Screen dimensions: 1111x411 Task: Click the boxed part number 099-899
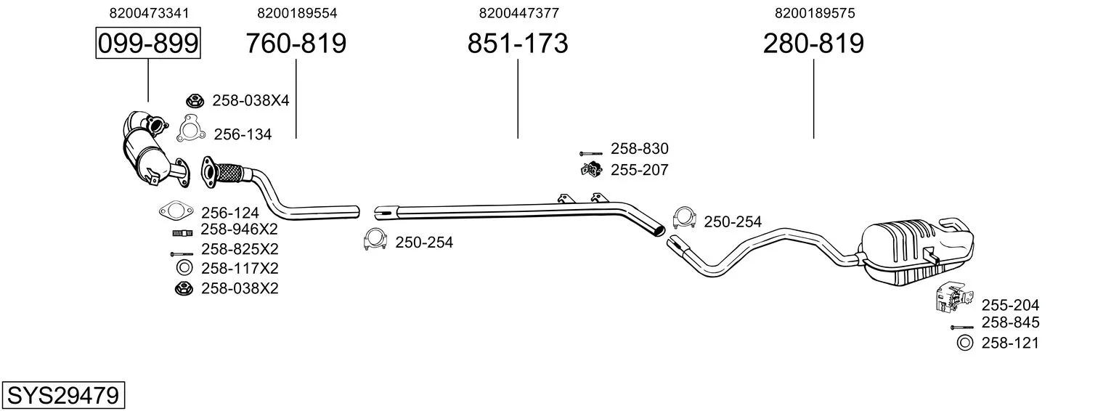click(148, 43)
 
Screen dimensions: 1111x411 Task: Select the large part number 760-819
click(296, 44)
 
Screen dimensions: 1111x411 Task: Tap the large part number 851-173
click(517, 44)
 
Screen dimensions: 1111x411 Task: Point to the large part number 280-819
click(813, 44)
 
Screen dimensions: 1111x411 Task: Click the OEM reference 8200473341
click(149, 13)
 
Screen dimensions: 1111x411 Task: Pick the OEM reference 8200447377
click(518, 13)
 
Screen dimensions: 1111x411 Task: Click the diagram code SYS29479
click(63, 396)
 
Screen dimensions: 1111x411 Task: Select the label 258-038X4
click(251, 101)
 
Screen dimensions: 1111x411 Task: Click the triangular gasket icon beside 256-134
click(191, 129)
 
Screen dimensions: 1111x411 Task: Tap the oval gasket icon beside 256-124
click(176, 211)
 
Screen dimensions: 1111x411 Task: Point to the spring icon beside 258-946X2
click(182, 232)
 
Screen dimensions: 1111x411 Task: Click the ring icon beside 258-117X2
click(184, 268)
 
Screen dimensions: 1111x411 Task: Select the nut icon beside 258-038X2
click(184, 288)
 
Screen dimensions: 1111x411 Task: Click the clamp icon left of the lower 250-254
click(375, 240)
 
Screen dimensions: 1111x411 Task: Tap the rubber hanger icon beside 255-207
click(591, 170)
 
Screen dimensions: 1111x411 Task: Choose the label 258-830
click(639, 149)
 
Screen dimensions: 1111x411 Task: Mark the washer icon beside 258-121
click(965, 343)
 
